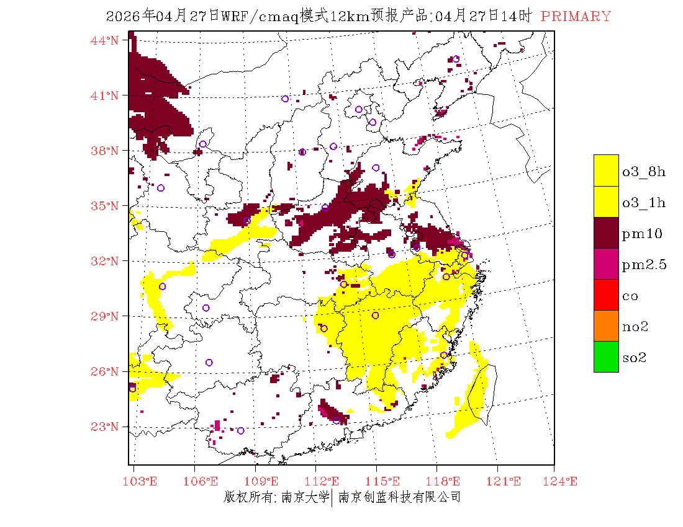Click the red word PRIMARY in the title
[576, 17]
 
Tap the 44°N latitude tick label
[106, 40]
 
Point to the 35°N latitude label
[106, 206]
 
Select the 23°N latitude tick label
[106, 427]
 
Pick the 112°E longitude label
[326, 481]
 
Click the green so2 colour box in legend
[606, 356]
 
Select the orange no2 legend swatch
[606, 325]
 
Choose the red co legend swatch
[606, 294]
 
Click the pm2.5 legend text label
[644, 265]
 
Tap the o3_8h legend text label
[644, 172]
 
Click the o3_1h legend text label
[644, 203]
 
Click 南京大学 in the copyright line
[305, 497]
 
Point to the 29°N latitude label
[106, 316]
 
